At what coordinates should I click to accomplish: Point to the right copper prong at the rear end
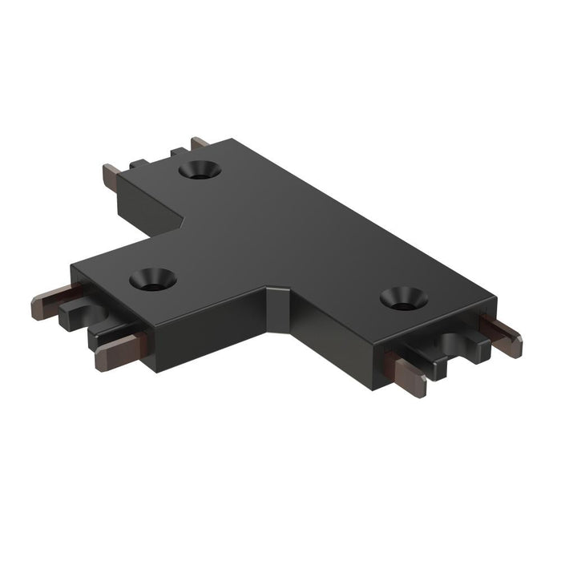(x=199, y=143)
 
